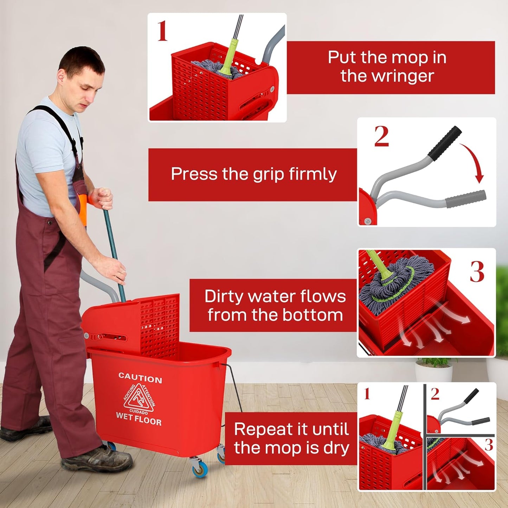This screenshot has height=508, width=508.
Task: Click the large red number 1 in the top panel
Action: point(162,31)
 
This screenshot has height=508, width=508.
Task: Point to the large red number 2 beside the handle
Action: point(381,136)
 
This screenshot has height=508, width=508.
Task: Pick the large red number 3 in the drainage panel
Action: point(477,272)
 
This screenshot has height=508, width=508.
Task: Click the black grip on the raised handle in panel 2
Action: point(445,143)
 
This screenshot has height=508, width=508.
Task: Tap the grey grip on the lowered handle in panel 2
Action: point(465,199)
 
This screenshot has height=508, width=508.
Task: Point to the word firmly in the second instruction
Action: point(313,174)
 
